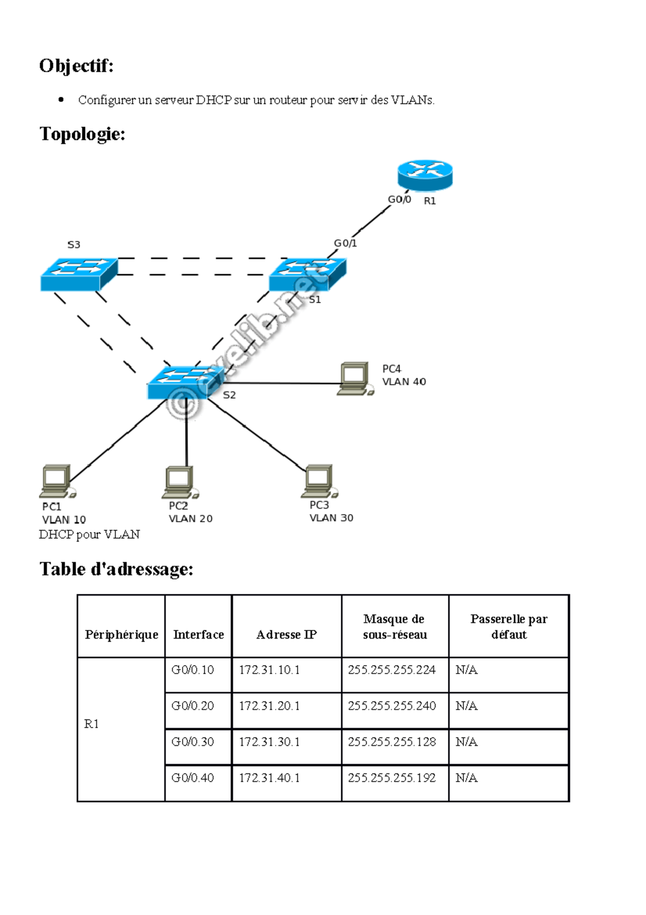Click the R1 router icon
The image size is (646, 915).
click(425, 175)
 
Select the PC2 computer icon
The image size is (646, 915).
click(180, 482)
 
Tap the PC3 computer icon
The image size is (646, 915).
click(319, 481)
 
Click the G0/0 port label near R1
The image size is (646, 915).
click(399, 199)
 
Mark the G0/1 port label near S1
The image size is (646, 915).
click(345, 243)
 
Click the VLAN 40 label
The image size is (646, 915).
click(404, 382)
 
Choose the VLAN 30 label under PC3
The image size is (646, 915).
click(331, 518)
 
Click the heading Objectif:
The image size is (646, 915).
click(76, 66)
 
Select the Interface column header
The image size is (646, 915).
click(198, 634)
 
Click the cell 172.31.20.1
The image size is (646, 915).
click(269, 705)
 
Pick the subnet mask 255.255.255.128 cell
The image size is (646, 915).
click(391, 741)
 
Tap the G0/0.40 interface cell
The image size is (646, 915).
click(192, 778)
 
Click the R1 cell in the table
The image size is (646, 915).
click(92, 724)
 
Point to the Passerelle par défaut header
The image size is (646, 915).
click(509, 626)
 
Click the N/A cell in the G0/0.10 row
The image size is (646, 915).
click(466, 670)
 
